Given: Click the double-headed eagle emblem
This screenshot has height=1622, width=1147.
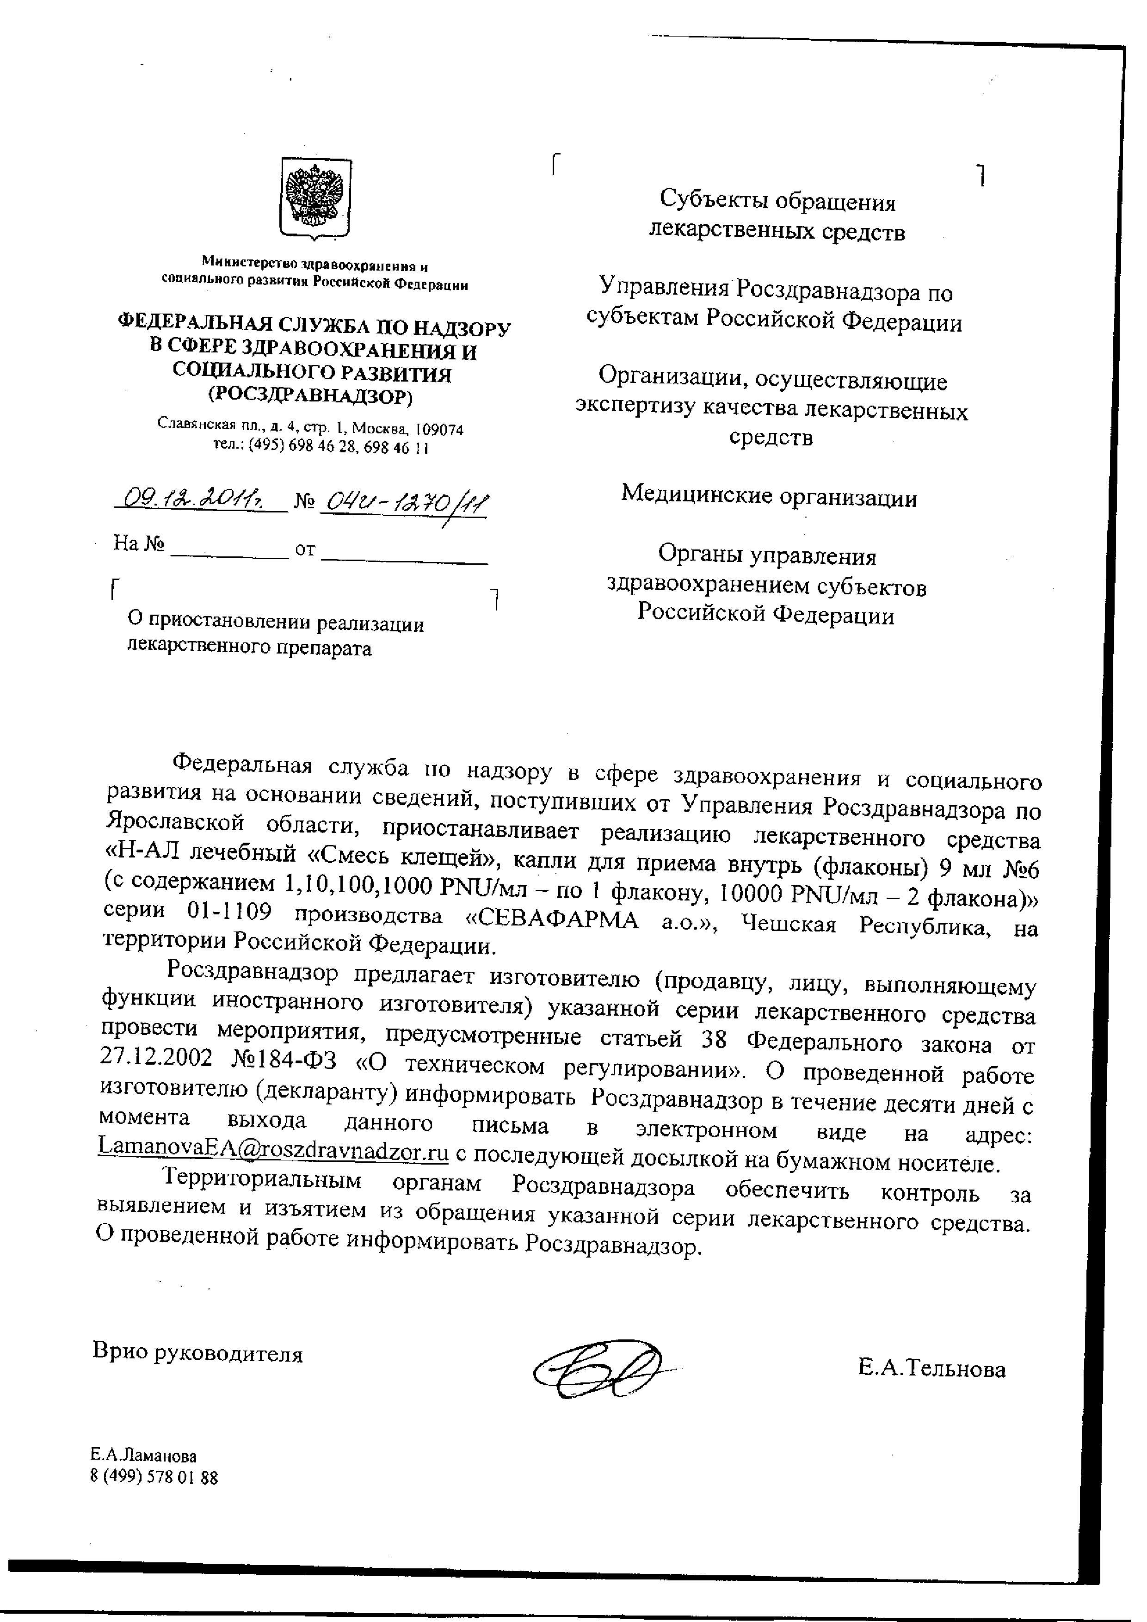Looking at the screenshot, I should [316, 198].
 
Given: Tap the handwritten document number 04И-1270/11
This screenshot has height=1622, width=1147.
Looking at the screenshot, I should [403, 504].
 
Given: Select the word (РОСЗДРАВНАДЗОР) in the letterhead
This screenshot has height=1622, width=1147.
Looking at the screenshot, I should [311, 396].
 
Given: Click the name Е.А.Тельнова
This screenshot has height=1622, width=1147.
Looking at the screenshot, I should [931, 1369].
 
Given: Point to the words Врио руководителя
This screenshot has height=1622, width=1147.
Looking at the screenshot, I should [198, 1353].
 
